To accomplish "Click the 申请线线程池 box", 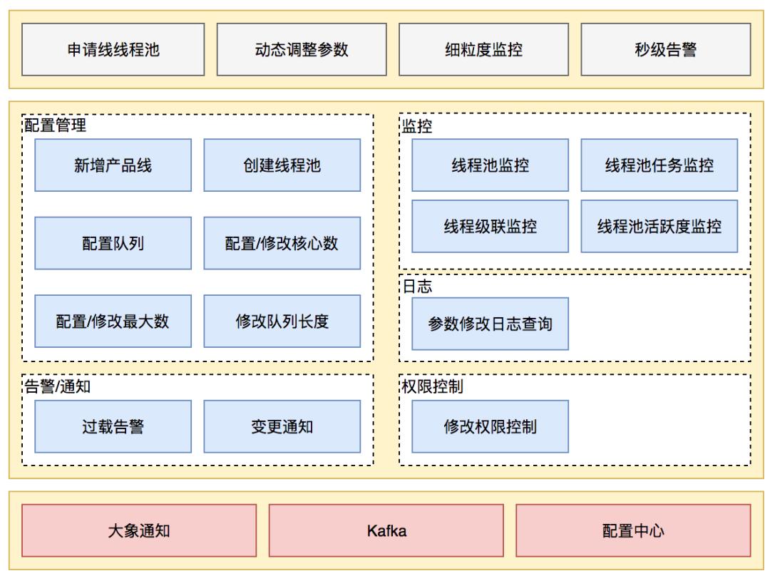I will pyautogui.click(x=113, y=49).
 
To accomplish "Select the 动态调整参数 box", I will pyautogui.click(x=295, y=49).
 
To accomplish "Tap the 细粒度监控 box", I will pyautogui.click(x=477, y=49).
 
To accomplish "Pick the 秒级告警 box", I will pyautogui.click(x=665, y=49).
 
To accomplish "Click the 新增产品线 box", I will pyautogui.click(x=113, y=165).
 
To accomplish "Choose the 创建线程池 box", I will pyautogui.click(x=282, y=165).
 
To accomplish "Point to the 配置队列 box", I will pyautogui.click(x=113, y=243).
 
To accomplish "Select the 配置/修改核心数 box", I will pyautogui.click(x=282, y=243).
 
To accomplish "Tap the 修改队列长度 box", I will pyautogui.click(x=282, y=321).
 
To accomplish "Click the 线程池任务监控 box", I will pyautogui.click(x=659, y=165).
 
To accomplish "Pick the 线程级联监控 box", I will pyautogui.click(x=490, y=227).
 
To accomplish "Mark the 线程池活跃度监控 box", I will pyautogui.click(x=659, y=227).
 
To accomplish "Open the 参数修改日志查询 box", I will pyautogui.click(x=490, y=324).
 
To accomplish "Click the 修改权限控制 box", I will pyautogui.click(x=490, y=426).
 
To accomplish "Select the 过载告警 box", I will pyautogui.click(x=113, y=426).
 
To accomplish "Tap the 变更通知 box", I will pyautogui.click(x=282, y=426).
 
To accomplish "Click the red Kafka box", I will pyautogui.click(x=386, y=530).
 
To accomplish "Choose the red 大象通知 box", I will pyautogui.click(x=139, y=530).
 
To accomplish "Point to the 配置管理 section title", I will pyautogui.click(x=55, y=126).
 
